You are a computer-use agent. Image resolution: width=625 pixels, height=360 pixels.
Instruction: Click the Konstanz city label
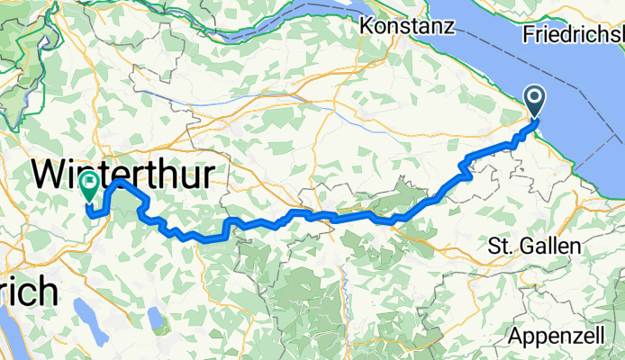(x=406, y=26)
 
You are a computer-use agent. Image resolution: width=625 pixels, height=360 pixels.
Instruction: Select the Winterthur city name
(x=126, y=173)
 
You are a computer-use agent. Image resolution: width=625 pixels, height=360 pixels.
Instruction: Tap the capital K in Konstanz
(x=367, y=26)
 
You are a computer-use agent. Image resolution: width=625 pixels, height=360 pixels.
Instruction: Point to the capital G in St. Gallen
(x=521, y=246)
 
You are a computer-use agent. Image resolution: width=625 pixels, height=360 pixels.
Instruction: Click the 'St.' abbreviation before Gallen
(x=498, y=246)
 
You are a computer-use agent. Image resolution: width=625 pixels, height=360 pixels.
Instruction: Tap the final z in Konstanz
(x=447, y=26)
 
